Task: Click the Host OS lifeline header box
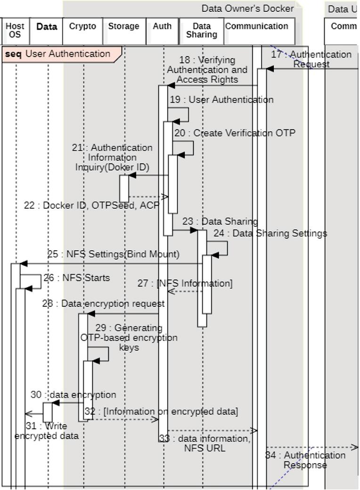point(15,31)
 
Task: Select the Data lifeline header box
point(47,31)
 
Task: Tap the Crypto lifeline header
point(82,31)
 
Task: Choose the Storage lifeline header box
point(123,31)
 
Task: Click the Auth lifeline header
point(162,31)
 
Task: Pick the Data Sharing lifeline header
point(202,31)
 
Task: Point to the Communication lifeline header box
point(257,31)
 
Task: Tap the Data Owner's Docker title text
point(247,8)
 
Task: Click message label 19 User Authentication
point(221,100)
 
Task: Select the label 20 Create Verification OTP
point(235,133)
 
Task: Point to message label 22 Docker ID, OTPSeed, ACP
point(91,206)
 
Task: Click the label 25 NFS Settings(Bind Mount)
point(113,254)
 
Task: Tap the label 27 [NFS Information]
point(185,284)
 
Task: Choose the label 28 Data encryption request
point(103,304)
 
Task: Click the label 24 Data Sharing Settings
point(270,233)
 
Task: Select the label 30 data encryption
point(73,395)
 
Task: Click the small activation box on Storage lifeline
point(124,188)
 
